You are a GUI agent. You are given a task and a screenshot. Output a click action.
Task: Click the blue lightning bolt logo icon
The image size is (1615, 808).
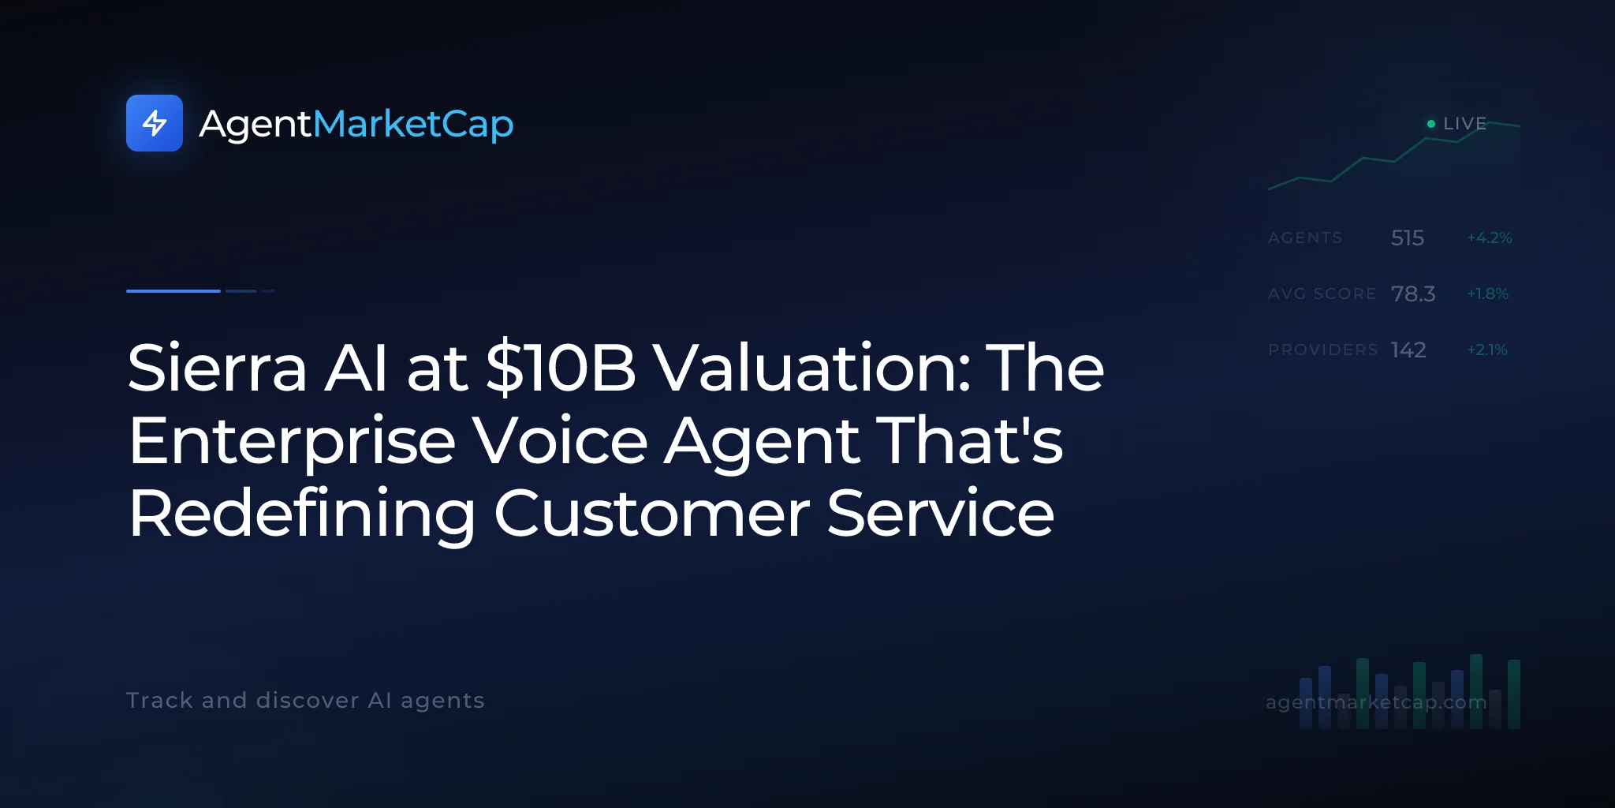[155, 123]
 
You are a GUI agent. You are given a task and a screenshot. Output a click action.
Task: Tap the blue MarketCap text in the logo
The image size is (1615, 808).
[413, 124]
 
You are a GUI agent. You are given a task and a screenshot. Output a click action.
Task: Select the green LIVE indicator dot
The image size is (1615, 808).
[1431, 124]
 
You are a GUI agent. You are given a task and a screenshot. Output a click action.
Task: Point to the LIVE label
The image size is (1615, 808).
[1464, 124]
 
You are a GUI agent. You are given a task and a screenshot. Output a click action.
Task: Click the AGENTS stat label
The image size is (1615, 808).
[1305, 238]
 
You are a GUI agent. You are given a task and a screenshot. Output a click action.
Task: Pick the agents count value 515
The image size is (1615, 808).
[1408, 238]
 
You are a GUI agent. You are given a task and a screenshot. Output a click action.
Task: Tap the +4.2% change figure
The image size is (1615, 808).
[1490, 238]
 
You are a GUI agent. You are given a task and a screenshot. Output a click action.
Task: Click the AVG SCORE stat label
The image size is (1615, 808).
[1322, 294]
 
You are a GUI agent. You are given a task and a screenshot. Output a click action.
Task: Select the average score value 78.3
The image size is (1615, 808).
[1413, 294]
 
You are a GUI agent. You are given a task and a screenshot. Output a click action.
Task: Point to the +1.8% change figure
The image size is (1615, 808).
[1487, 294]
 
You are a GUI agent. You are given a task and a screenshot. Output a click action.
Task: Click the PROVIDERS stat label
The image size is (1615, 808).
[1323, 350]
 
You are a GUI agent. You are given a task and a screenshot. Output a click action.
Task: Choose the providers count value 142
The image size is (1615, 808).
[1408, 350]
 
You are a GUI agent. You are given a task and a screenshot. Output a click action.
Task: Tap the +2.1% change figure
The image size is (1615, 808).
[1487, 350]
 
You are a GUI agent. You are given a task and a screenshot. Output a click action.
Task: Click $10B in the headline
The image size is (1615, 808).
[561, 368]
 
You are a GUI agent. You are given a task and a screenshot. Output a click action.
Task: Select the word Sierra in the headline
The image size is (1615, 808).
[217, 368]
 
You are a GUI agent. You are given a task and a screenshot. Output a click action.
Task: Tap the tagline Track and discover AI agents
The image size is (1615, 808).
[305, 701]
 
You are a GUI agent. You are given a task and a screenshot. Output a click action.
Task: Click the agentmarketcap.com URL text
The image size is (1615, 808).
[1376, 702]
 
